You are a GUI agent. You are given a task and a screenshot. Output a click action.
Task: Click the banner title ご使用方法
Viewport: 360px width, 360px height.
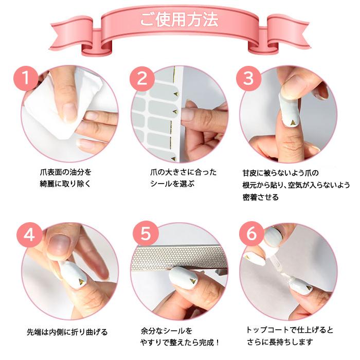pos(179,20)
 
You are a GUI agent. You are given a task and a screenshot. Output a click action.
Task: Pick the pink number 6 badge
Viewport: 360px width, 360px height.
pos(251,235)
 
